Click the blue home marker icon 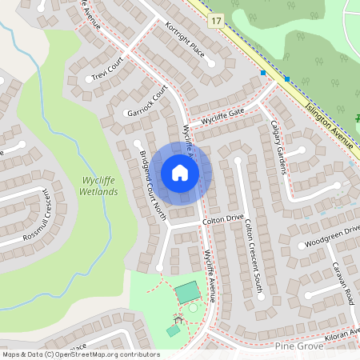coord(180,172)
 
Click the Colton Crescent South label coord(254,258)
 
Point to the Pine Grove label coord(298,346)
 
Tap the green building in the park coord(189,292)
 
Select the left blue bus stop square coord(263,73)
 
